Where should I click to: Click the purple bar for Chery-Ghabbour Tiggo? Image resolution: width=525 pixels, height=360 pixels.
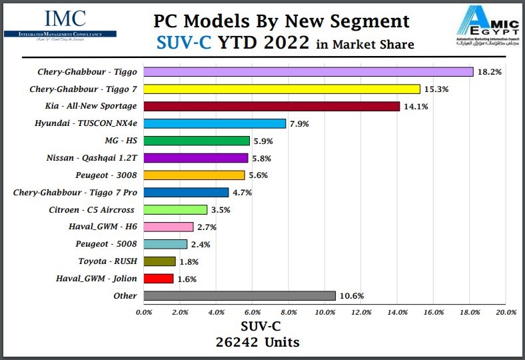pos(308,71)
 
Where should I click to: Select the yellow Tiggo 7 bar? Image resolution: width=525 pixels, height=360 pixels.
pos(282,89)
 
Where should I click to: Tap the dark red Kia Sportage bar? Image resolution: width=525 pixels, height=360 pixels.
pos(271,106)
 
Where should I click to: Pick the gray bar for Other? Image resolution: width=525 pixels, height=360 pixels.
pos(239,295)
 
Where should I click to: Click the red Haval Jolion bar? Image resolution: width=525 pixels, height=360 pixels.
pos(159,278)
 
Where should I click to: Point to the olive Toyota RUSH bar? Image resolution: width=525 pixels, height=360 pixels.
pos(160,261)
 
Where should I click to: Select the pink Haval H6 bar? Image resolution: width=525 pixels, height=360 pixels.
pos(169,227)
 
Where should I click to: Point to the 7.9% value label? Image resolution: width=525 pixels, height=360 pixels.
pos(299,123)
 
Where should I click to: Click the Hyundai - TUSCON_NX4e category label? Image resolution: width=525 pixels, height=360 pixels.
pos(86,123)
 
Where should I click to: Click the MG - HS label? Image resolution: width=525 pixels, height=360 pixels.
pos(121,141)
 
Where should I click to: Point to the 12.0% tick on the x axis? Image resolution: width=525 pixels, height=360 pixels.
pos(361,312)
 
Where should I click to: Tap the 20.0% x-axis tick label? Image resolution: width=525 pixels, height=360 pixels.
pos(506,312)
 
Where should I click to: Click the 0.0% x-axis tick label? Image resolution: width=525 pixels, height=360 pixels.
pos(144,312)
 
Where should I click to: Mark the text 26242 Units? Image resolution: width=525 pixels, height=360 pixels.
pos(257,343)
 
